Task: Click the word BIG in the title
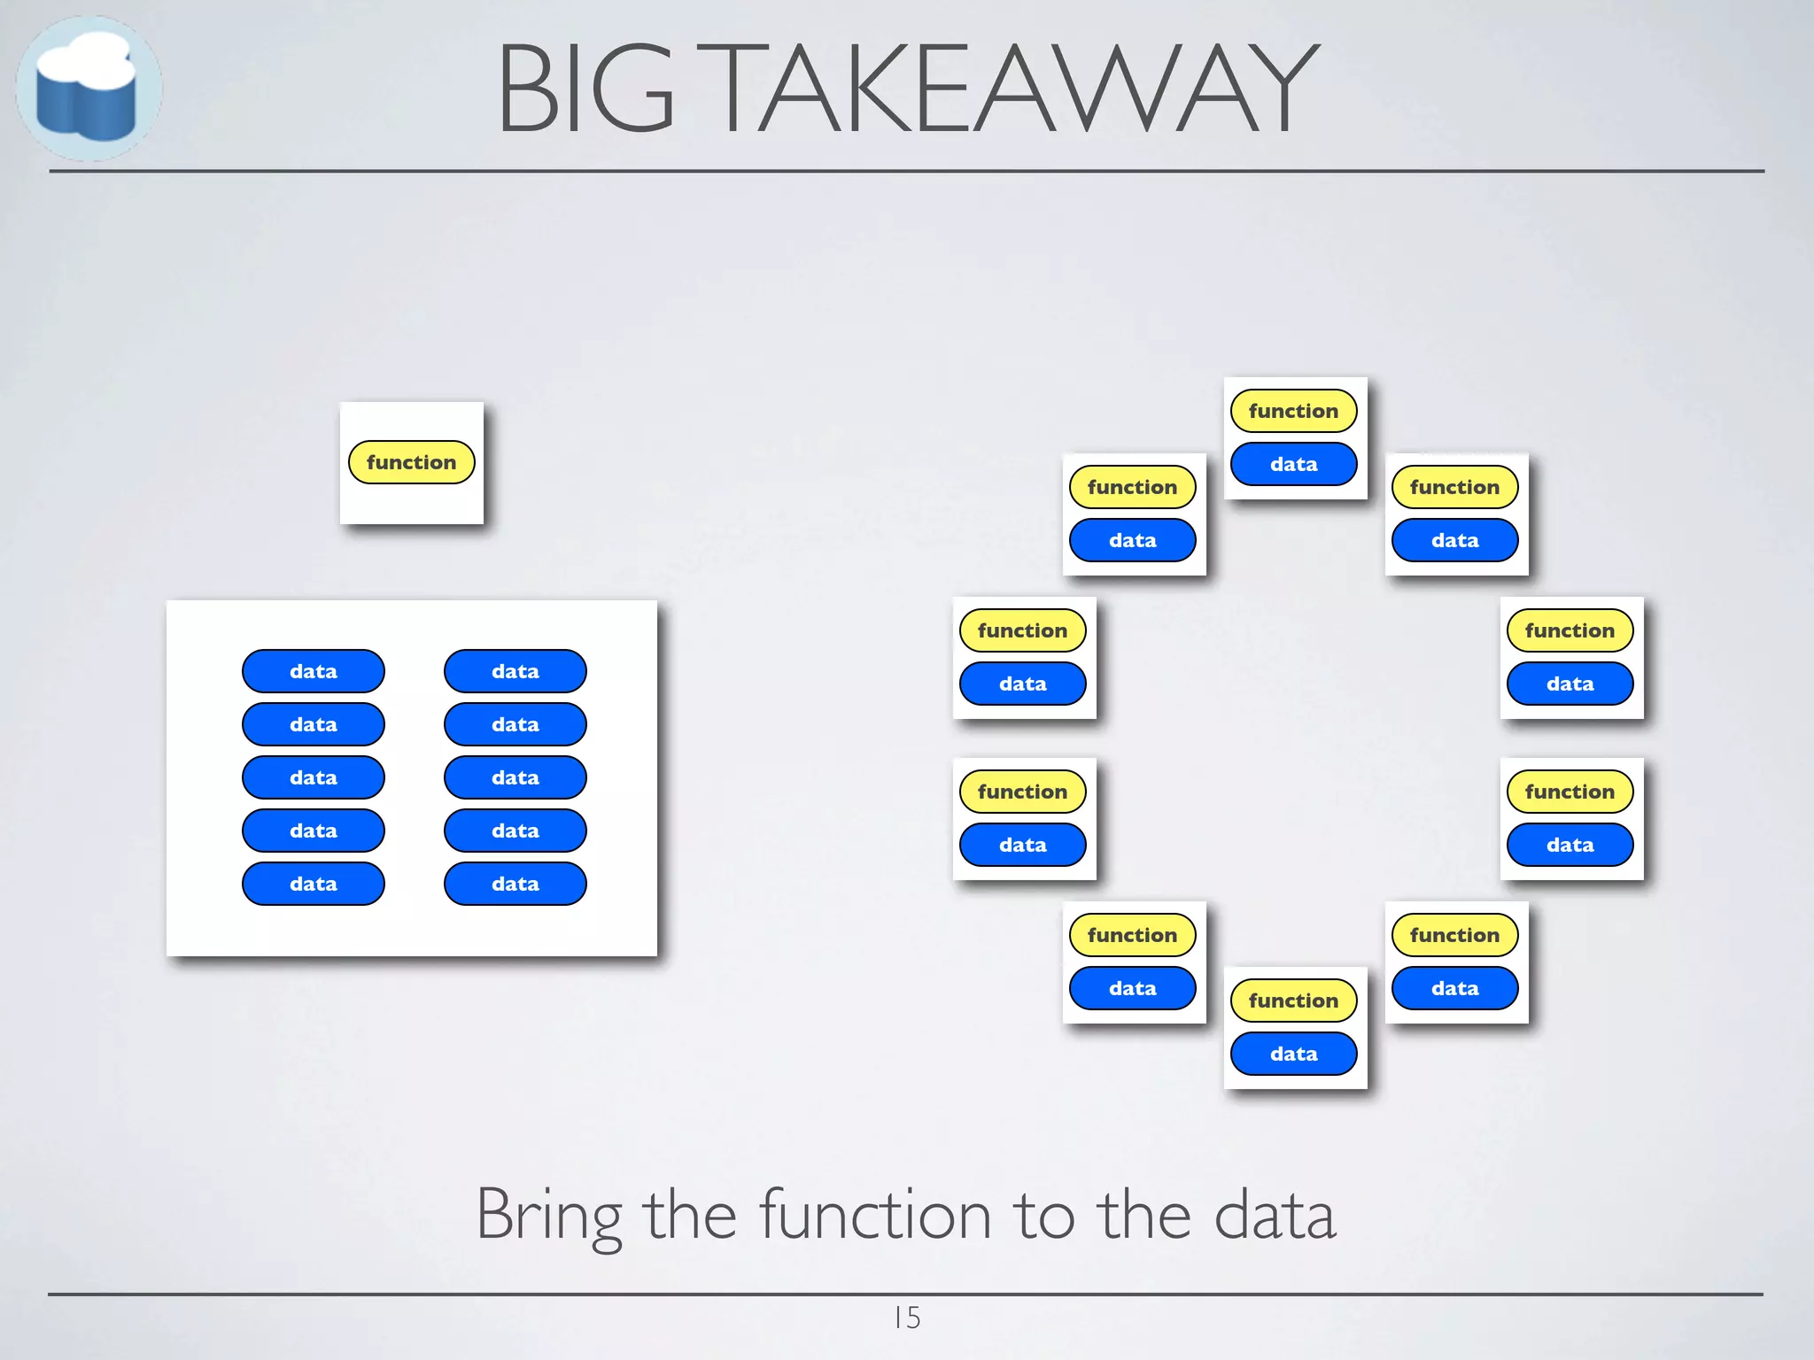pyautogui.click(x=586, y=89)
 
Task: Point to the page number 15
pyautogui.click(x=907, y=1317)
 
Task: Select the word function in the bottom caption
pyautogui.click(x=875, y=1215)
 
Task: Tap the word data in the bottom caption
pyautogui.click(x=1275, y=1215)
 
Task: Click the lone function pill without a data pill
pyautogui.click(x=412, y=462)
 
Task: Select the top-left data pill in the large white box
pyautogui.click(x=314, y=671)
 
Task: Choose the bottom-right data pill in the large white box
pyautogui.click(x=516, y=884)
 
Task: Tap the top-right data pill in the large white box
pyautogui.click(x=516, y=671)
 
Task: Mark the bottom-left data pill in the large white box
pyautogui.click(x=314, y=884)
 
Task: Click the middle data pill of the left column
pyautogui.click(x=314, y=777)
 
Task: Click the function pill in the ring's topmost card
pyautogui.click(x=1294, y=411)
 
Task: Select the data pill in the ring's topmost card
pyautogui.click(x=1294, y=464)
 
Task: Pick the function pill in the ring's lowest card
pyautogui.click(x=1294, y=1001)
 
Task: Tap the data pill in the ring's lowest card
pyautogui.click(x=1294, y=1054)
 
